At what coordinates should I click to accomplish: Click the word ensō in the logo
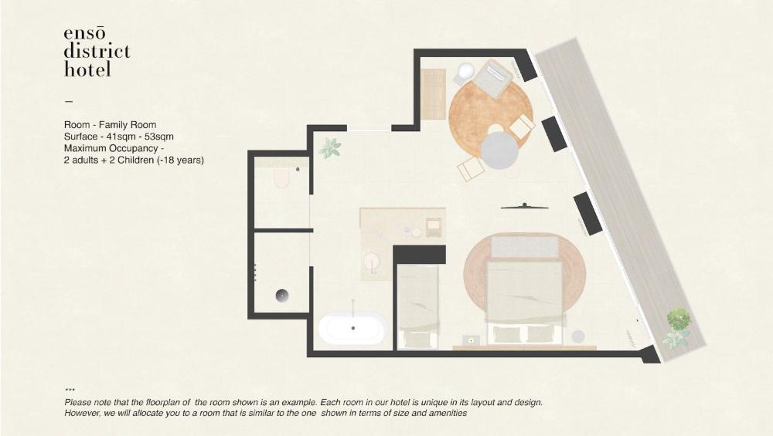[84, 33]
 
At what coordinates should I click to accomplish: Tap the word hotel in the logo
[87, 69]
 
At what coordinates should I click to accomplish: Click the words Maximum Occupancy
[111, 148]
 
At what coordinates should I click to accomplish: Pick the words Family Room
[128, 124]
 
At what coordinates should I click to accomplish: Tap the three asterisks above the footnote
[70, 390]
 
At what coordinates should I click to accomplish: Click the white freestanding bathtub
[352, 328]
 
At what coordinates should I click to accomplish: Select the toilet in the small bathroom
[282, 177]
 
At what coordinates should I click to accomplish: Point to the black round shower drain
[282, 296]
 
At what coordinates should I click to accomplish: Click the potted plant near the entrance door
[330, 147]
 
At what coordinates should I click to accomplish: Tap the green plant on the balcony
[679, 319]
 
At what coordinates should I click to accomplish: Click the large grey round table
[499, 150]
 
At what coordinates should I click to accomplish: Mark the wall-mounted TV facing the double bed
[525, 206]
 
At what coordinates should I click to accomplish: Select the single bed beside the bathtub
[417, 307]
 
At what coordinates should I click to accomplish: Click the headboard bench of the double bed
[525, 246]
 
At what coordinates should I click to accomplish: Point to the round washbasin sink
[371, 261]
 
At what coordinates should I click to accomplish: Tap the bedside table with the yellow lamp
[472, 340]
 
